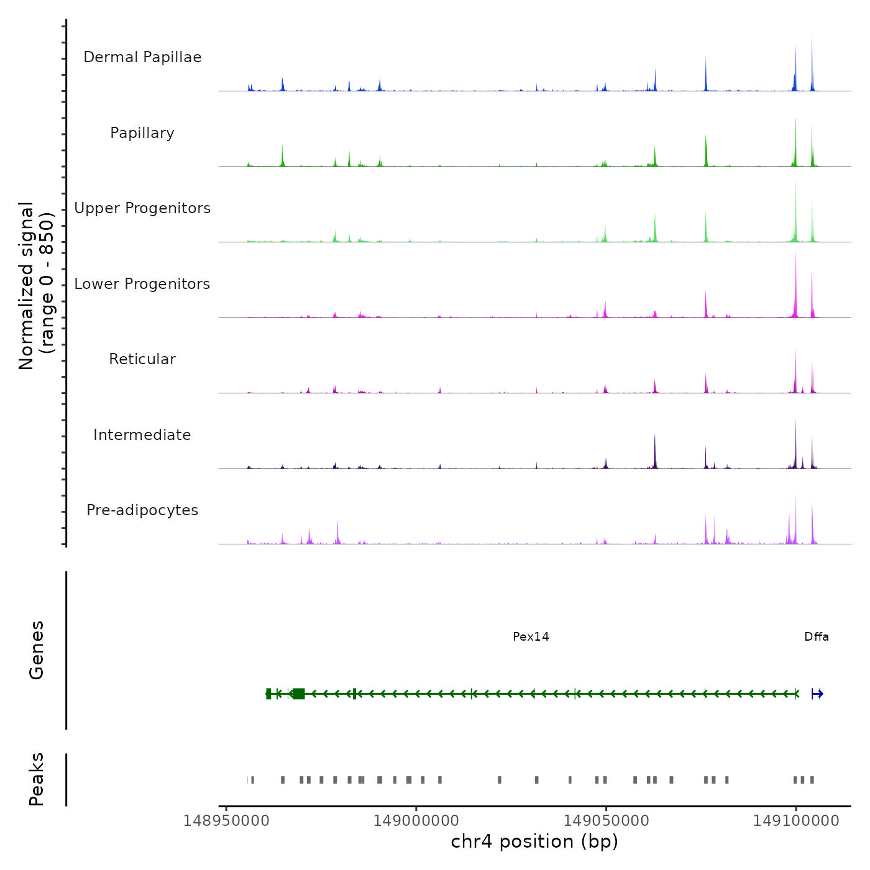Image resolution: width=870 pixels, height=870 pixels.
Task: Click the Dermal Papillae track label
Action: [142, 57]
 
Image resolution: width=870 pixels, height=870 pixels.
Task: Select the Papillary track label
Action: [142, 133]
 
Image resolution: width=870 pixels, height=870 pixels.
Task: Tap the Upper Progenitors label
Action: [142, 208]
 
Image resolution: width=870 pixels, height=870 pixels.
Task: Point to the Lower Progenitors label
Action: [142, 284]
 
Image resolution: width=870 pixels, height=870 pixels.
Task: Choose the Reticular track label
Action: [142, 359]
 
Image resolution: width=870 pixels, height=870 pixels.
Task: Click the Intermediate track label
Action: [142, 435]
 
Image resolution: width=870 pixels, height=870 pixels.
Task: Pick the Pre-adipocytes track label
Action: [142, 510]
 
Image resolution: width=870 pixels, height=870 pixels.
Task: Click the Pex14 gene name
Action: [531, 636]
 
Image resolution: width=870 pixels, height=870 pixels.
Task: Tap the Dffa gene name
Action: [816, 636]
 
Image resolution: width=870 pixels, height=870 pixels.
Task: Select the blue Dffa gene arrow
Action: [817, 694]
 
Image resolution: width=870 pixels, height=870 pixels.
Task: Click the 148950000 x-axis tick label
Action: [226, 821]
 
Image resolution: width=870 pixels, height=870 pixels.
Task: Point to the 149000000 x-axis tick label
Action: [416, 821]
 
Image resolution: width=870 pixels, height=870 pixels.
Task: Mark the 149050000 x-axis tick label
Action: [606, 821]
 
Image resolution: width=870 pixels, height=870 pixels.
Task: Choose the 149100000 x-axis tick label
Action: [796, 821]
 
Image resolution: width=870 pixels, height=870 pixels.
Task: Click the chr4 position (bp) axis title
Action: [534, 841]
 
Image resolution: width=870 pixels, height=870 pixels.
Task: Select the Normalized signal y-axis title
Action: [36, 286]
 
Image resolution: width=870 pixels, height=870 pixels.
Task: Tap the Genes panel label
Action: [37, 650]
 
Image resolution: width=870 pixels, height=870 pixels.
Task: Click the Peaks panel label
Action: [37, 779]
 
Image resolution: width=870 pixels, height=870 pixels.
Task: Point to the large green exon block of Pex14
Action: [299, 694]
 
